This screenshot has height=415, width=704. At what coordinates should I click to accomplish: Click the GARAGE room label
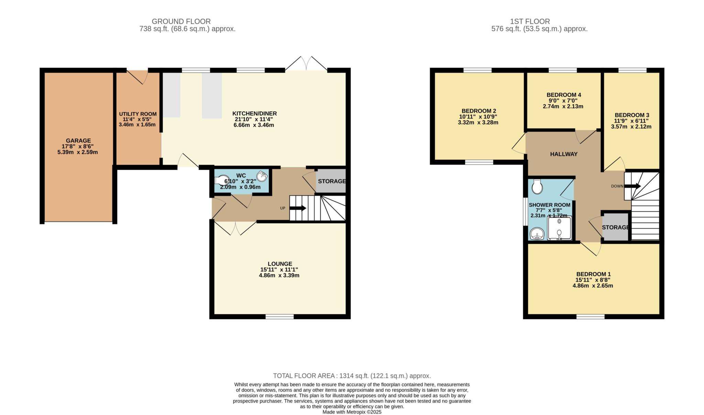coord(78,141)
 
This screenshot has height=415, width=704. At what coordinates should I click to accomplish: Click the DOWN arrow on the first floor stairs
coord(632,186)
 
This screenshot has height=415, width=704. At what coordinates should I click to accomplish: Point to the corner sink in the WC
coord(263,176)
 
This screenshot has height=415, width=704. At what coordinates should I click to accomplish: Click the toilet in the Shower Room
coord(537,187)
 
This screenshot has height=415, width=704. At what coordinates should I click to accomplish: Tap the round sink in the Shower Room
coord(537,235)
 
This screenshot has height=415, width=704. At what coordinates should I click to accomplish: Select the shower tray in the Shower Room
coord(559,228)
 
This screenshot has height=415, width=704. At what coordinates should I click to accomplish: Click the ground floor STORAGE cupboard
coord(331,181)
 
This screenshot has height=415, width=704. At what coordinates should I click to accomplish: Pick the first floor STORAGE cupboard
coord(615,227)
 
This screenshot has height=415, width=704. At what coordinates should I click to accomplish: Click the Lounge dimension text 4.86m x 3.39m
coord(279,276)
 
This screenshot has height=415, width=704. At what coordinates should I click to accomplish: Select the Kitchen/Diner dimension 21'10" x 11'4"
coord(254,119)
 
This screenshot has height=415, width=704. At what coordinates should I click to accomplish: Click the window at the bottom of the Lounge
coord(279,316)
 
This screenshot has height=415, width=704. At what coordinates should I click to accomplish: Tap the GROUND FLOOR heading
coord(181,21)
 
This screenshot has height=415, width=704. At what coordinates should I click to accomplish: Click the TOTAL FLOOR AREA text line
coord(352,376)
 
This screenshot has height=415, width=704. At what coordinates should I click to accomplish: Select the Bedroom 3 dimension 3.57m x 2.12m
coord(631,126)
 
